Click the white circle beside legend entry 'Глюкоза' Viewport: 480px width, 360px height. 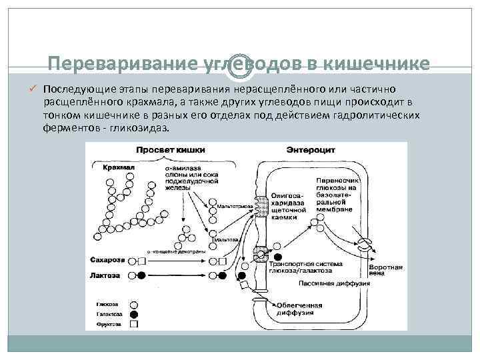tap(134, 301)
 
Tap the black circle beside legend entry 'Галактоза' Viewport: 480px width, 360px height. tap(134, 313)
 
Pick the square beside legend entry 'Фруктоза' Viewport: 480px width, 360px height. tap(134, 325)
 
